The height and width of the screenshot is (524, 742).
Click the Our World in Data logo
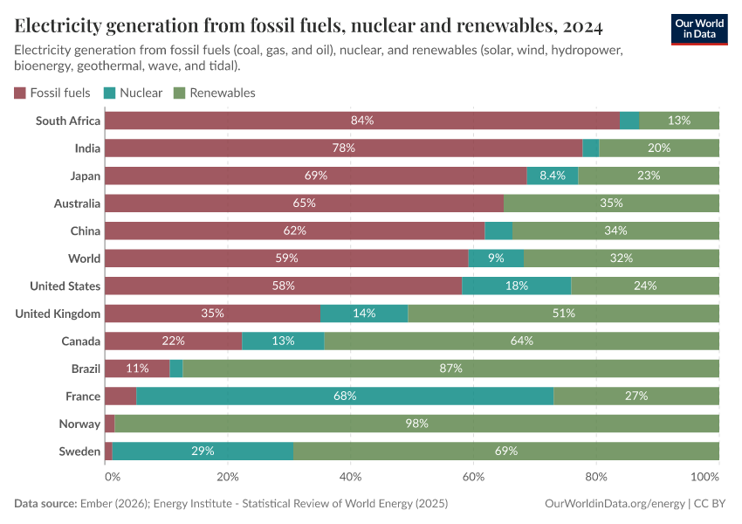click(698, 29)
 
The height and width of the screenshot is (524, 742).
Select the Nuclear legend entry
click(133, 93)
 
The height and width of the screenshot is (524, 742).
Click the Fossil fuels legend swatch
click(20, 93)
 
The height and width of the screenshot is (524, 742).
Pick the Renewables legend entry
click(214, 93)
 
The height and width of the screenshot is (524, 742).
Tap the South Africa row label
click(68, 121)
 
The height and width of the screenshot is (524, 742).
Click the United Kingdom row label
click(58, 314)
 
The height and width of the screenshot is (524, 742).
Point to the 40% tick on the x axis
click(350, 478)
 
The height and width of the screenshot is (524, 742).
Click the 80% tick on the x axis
click(596, 478)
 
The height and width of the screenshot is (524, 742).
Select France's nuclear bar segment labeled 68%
click(345, 396)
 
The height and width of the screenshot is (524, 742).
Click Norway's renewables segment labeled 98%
click(416, 424)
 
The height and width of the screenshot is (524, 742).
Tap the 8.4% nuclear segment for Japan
click(552, 176)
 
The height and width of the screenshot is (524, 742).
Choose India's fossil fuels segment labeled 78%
click(343, 148)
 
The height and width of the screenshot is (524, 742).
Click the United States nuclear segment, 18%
click(516, 286)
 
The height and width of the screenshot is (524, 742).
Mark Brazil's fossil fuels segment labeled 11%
click(137, 369)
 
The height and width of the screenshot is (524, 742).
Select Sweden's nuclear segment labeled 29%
click(203, 452)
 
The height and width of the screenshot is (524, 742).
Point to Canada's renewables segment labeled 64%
click(521, 341)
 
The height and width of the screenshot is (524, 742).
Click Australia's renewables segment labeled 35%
click(611, 203)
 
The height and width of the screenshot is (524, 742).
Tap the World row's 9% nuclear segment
click(496, 259)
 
